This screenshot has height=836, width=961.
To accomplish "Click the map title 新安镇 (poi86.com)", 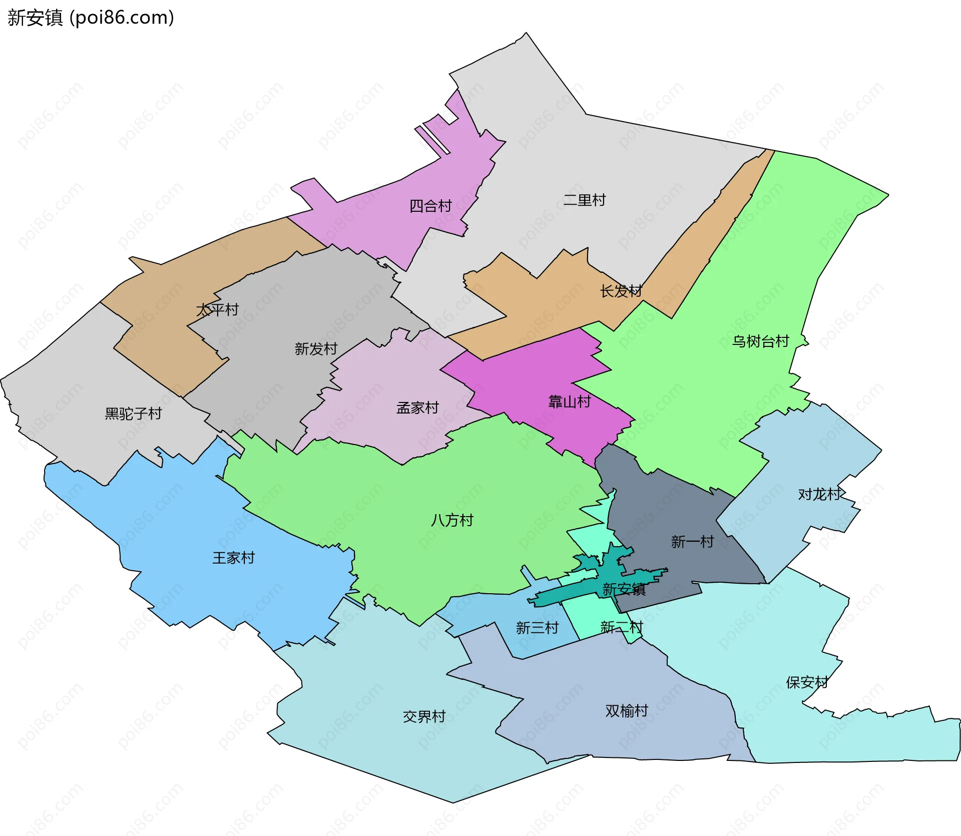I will tap(91, 18).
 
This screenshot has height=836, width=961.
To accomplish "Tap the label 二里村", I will tap(584, 200).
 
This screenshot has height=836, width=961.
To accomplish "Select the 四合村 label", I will tap(430, 206).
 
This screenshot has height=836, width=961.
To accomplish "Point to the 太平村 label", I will tap(217, 310).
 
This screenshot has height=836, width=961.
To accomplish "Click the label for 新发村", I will tap(316, 349).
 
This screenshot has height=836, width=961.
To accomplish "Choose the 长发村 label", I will tap(621, 291).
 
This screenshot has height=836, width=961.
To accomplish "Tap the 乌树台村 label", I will tap(760, 341).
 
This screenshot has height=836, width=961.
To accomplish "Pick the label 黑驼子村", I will tap(133, 413).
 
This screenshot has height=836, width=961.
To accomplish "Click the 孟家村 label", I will tap(417, 408).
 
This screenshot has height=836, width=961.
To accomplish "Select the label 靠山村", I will tap(570, 401).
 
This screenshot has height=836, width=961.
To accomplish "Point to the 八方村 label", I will tap(452, 521).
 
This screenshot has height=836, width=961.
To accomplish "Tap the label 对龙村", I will tap(819, 495).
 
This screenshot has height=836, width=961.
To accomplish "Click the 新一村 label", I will tap(692, 542).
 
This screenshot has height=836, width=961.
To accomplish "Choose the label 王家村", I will tap(234, 558).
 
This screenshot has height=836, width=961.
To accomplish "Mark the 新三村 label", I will tap(537, 628).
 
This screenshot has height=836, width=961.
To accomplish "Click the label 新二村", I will tap(621, 627).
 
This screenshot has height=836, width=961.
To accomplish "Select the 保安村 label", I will tap(807, 682).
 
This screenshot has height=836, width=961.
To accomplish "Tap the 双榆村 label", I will tap(627, 711).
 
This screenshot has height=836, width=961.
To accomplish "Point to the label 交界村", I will tap(424, 717).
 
